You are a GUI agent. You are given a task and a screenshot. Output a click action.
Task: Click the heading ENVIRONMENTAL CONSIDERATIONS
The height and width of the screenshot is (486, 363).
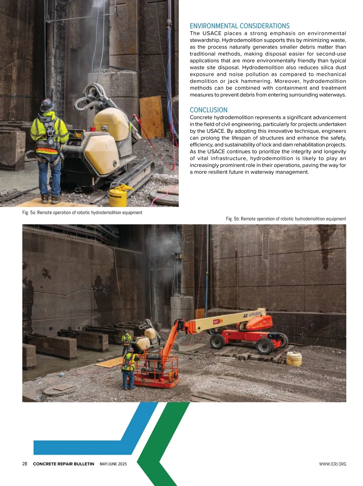pos(240,26)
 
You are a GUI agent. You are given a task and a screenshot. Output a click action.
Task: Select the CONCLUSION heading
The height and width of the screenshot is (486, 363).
pos(208,110)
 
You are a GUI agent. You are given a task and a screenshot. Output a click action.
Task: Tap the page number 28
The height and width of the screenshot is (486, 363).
pos(25,464)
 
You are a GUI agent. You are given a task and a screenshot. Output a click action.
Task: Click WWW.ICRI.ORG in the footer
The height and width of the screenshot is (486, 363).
pos(332,464)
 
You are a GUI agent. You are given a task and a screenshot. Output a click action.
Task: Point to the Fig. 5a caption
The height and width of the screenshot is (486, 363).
pos(82,212)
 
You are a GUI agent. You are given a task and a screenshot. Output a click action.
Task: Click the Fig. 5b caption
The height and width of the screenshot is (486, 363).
pos(286,219)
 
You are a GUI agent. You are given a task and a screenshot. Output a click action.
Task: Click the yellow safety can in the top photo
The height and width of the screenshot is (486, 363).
pos(118,197)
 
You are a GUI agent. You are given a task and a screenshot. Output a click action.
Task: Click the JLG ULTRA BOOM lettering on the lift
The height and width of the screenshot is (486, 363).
pos(252,315)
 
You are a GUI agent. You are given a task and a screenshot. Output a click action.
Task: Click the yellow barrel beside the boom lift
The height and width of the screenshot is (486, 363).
pos(294,359)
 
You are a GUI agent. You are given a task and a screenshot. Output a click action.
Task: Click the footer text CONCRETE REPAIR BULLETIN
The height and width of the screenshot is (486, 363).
pos(64,464)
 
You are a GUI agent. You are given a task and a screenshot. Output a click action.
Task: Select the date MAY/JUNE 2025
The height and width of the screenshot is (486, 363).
pos(113,464)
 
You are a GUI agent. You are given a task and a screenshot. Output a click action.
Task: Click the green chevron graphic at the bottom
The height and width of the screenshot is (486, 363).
pos(157,448)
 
